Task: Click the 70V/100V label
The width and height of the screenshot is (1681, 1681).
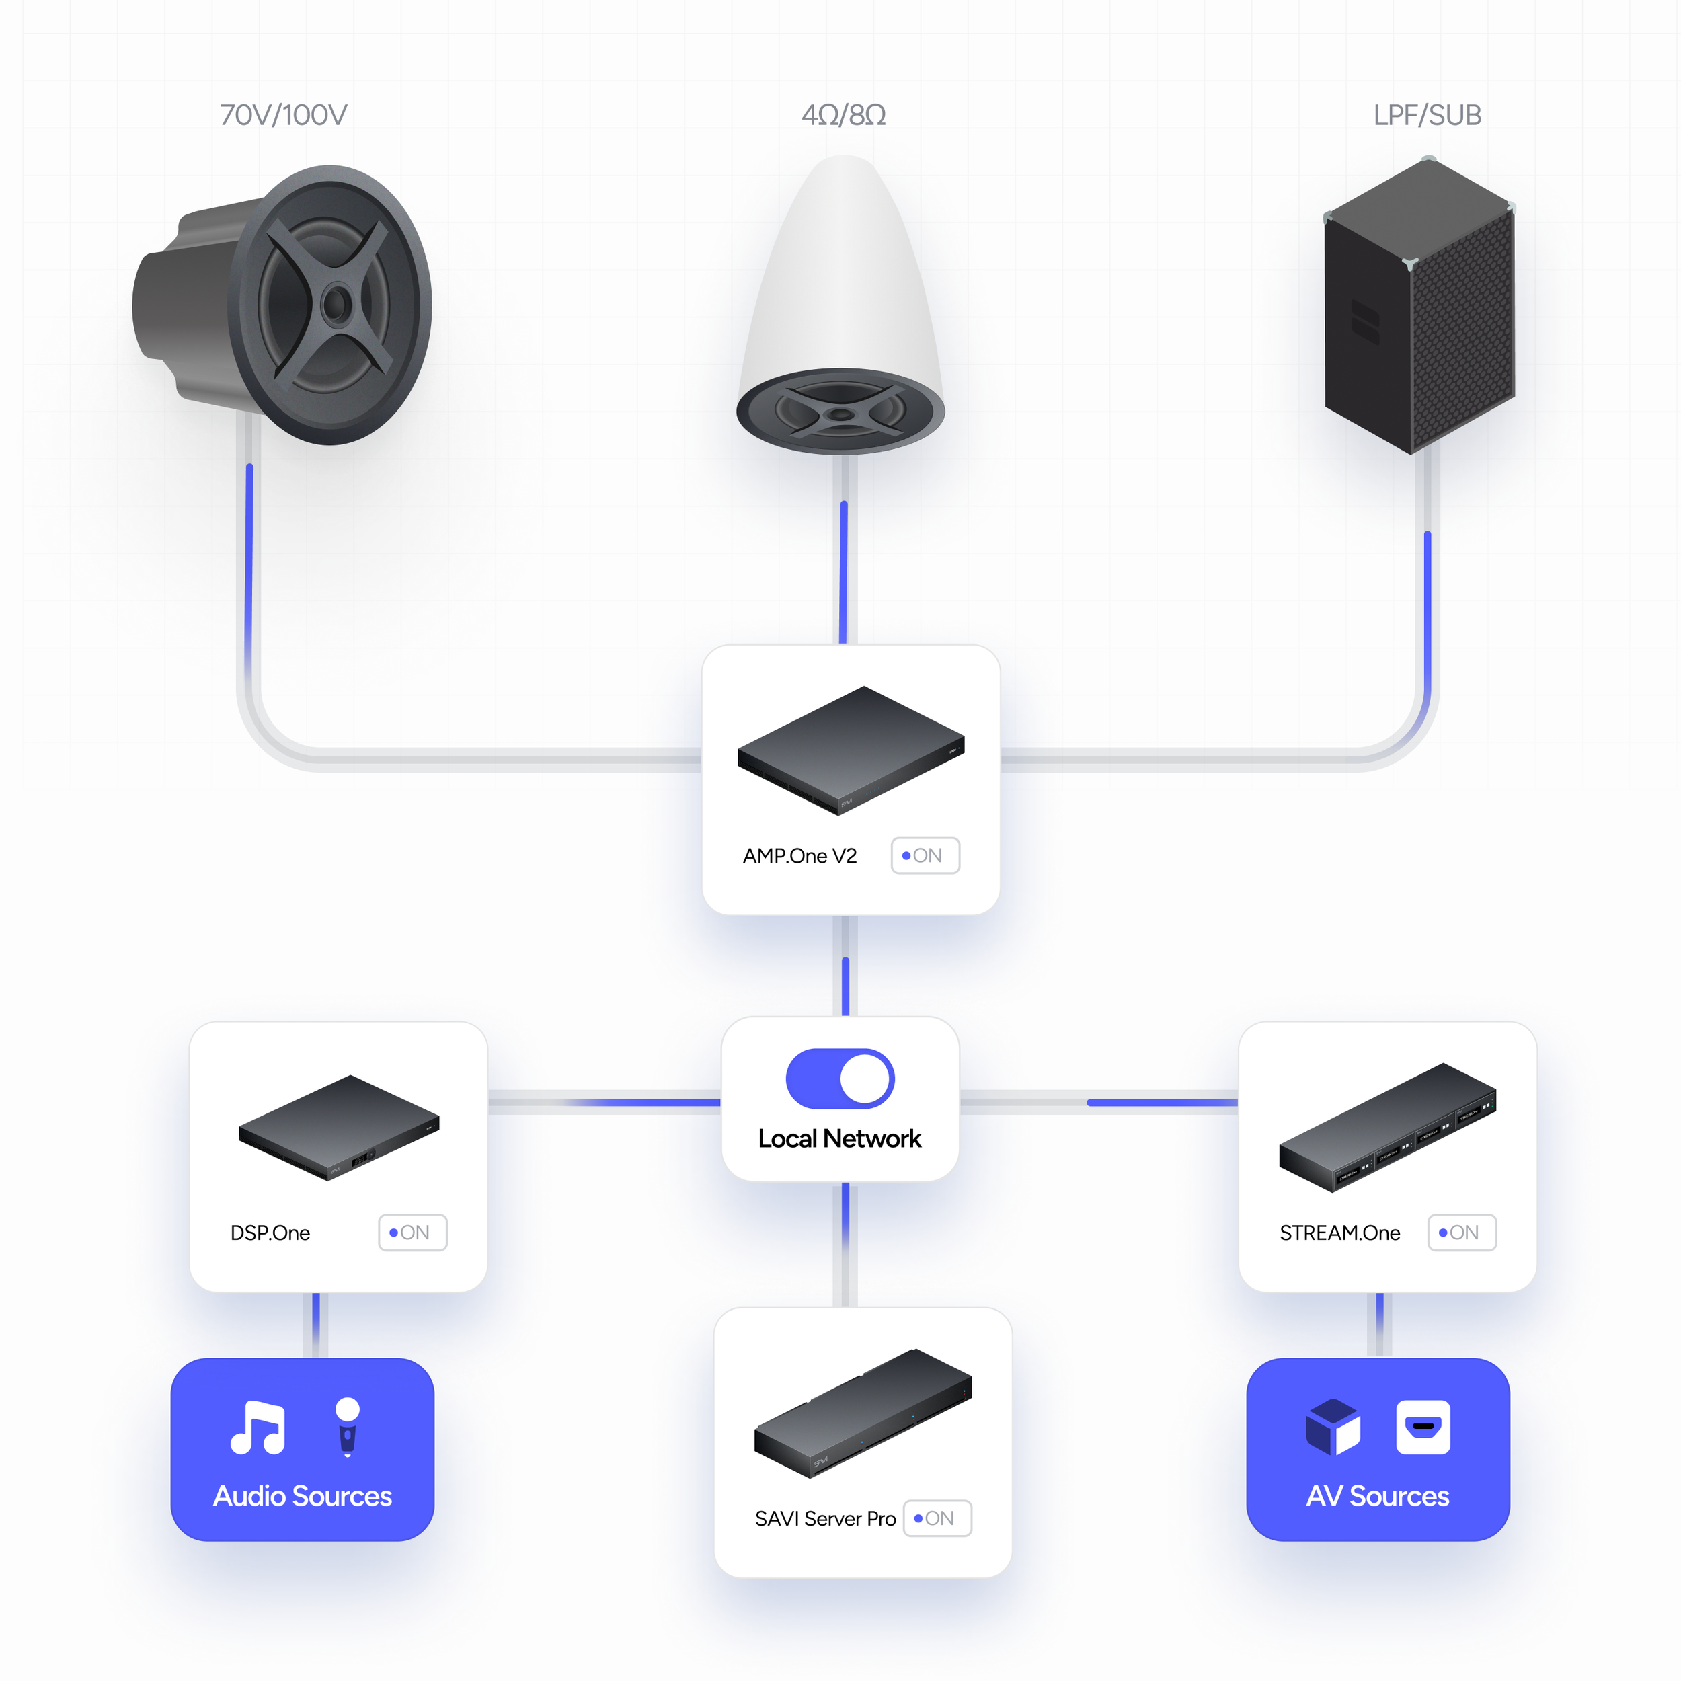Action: coord(283,115)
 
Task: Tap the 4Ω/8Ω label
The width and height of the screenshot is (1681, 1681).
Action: coord(843,115)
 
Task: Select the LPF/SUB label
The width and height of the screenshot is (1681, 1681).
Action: coord(1427,115)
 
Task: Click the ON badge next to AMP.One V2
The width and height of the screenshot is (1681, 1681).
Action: coord(925,855)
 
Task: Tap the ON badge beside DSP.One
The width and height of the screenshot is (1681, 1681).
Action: coord(412,1232)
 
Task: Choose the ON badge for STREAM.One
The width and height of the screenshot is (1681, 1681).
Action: coord(1462,1232)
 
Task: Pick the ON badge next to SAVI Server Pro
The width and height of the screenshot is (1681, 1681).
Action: coord(937,1518)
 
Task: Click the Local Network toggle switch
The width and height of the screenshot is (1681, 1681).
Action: coord(840,1079)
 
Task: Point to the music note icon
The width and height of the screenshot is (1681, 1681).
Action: coord(258,1428)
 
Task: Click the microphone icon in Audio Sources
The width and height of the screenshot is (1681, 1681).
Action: coord(347,1426)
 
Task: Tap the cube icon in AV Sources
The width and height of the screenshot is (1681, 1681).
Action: coord(1332,1427)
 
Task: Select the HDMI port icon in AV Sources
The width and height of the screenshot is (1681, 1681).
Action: coord(1423,1427)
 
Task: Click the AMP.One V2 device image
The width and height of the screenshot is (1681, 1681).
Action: coord(850,750)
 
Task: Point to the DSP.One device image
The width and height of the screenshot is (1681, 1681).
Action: coord(338,1127)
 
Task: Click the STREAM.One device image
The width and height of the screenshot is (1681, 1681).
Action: coord(1387,1127)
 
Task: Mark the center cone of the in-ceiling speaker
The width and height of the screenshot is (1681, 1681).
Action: coord(336,305)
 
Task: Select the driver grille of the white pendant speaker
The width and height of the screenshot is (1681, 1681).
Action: coord(840,412)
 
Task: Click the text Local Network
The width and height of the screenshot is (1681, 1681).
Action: coord(840,1138)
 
